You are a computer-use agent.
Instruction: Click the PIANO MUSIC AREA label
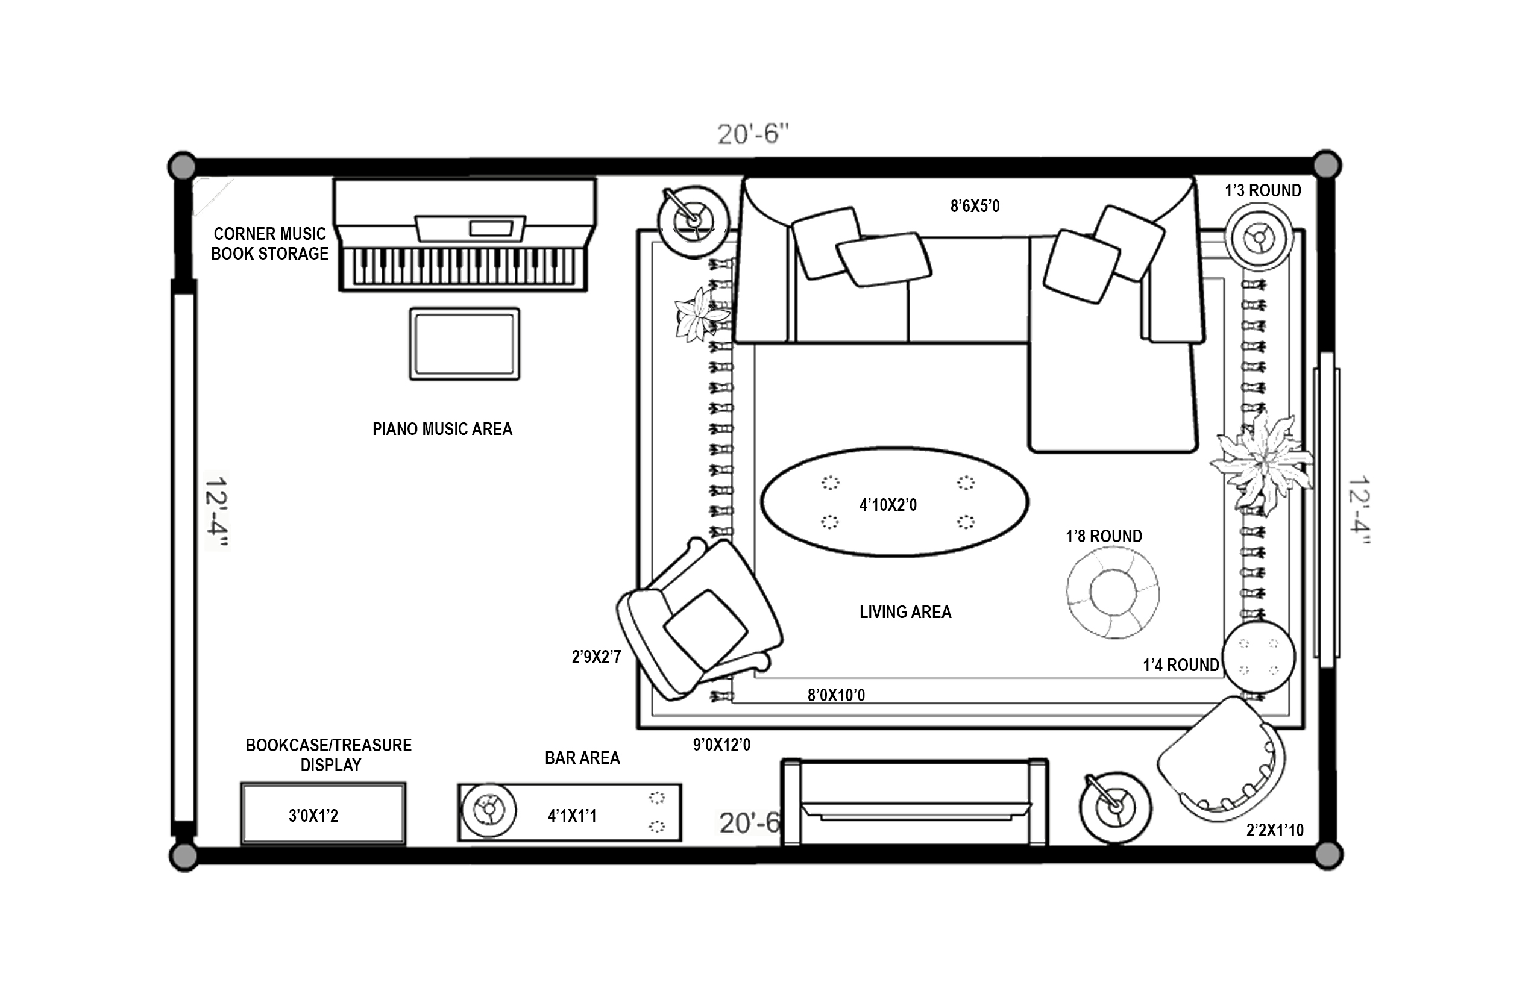tap(442, 429)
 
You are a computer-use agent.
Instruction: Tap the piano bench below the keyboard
tap(464, 343)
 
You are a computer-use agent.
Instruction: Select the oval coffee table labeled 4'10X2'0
tap(894, 501)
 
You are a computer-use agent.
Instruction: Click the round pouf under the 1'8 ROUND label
tap(1113, 593)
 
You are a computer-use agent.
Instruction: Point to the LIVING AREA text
tap(905, 612)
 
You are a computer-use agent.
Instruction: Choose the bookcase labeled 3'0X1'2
tap(323, 813)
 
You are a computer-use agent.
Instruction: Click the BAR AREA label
tap(582, 758)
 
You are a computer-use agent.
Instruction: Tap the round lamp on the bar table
tap(488, 810)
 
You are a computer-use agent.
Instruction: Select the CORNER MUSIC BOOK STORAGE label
tap(269, 243)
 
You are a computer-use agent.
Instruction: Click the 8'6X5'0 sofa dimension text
tap(975, 206)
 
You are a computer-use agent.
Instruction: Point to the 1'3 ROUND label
tap(1263, 190)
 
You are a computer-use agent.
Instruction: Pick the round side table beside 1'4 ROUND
tap(1259, 657)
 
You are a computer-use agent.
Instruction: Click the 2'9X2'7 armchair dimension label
tap(596, 657)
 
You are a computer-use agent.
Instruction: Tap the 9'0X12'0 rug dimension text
tap(721, 745)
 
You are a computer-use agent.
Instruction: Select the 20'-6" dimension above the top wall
tap(753, 134)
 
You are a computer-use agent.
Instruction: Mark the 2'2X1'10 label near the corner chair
tap(1275, 830)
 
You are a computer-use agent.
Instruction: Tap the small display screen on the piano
tap(491, 228)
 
